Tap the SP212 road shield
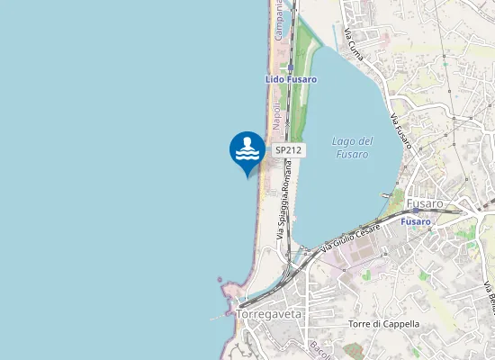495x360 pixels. point(288,149)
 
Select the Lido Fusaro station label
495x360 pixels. point(290,79)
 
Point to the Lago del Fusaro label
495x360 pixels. point(352,148)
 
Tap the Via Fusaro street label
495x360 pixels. point(400,130)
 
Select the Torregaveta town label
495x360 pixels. point(268,314)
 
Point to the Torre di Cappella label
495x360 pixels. point(383,324)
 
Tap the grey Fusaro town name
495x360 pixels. point(425,203)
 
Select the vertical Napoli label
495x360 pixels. point(277,115)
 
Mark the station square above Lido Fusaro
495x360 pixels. point(291,66)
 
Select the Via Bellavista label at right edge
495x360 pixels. point(489,297)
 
